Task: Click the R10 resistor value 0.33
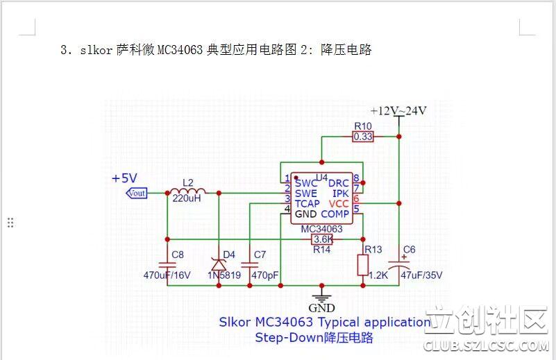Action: click(x=362, y=137)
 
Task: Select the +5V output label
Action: click(x=125, y=178)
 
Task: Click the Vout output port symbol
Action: click(x=136, y=193)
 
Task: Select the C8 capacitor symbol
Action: click(x=167, y=264)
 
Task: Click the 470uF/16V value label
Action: click(x=167, y=275)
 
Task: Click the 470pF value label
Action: click(x=264, y=275)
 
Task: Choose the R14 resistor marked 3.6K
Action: click(x=322, y=239)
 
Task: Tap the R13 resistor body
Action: click(x=362, y=264)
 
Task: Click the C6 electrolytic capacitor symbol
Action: click(x=399, y=264)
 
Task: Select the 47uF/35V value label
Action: click(x=421, y=275)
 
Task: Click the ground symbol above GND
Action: click(x=321, y=294)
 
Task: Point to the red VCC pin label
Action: click(x=339, y=204)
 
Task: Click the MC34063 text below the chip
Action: click(x=321, y=228)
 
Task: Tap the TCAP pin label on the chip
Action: click(x=307, y=204)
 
